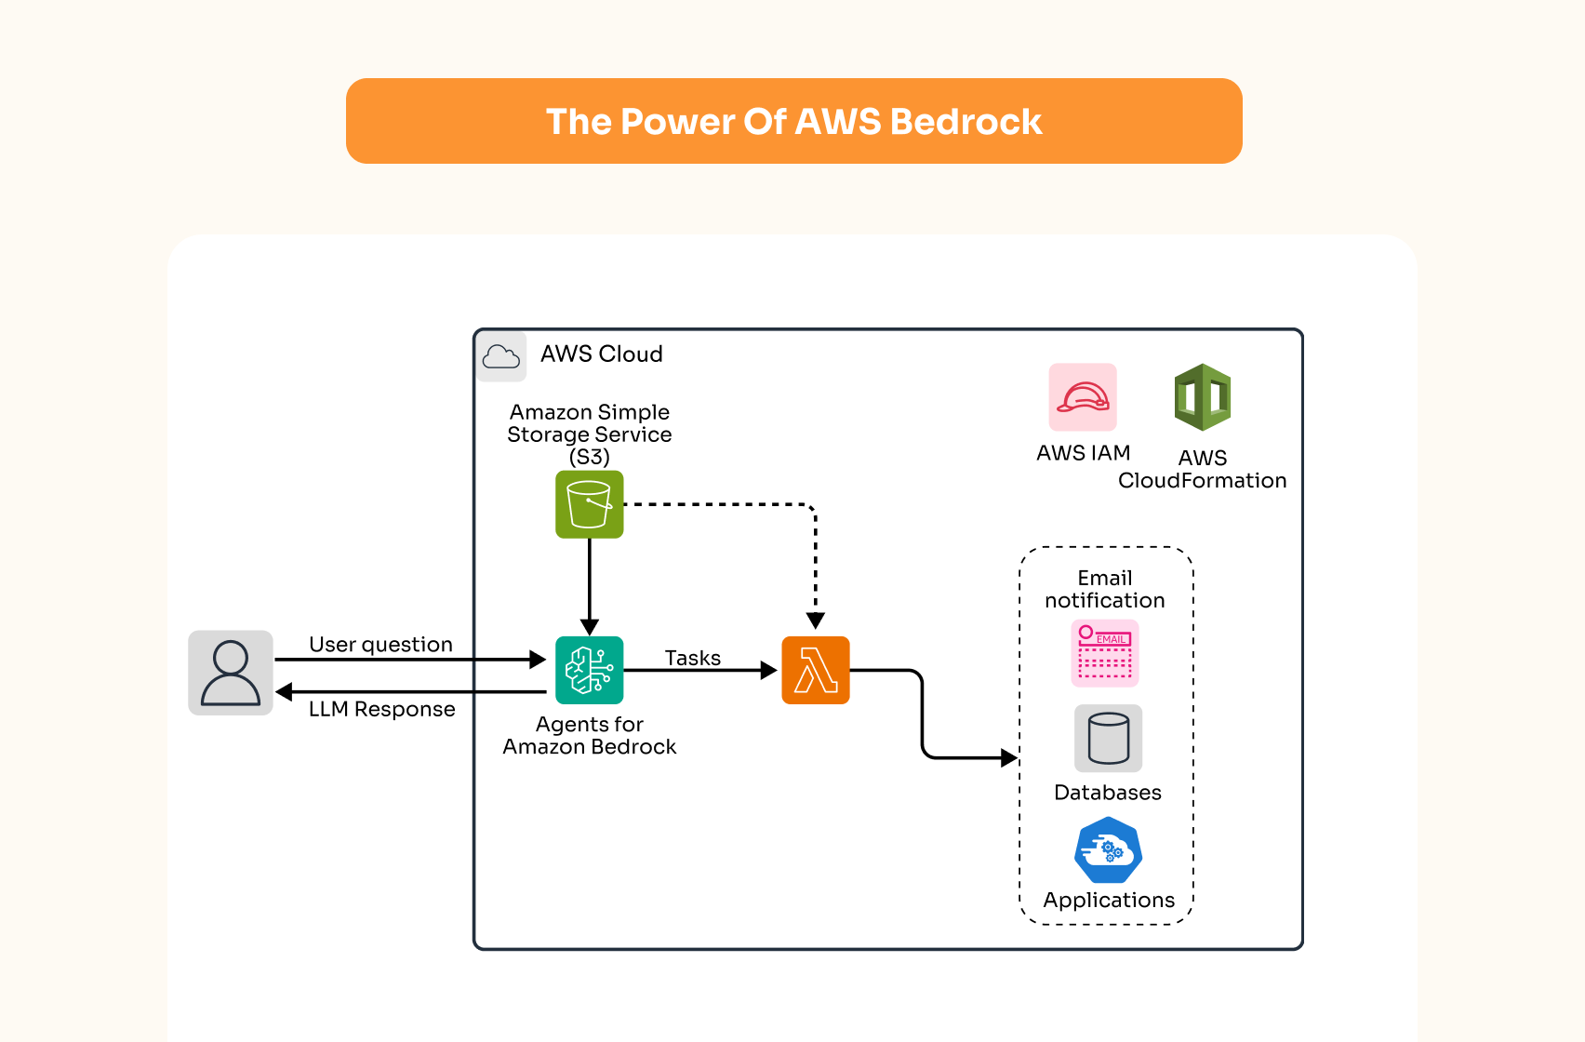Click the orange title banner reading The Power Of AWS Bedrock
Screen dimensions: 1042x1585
(x=793, y=121)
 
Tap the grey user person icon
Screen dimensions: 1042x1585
(x=231, y=673)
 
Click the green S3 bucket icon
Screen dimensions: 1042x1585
(x=589, y=504)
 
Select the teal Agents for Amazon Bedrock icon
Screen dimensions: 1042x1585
(x=589, y=670)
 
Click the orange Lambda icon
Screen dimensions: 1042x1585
(x=816, y=670)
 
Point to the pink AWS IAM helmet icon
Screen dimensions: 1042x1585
(x=1083, y=397)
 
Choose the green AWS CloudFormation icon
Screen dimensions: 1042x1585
(x=1202, y=397)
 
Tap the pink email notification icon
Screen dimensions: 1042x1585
(x=1104, y=653)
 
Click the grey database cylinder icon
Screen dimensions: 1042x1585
(x=1108, y=738)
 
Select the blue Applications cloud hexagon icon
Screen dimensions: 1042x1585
(x=1108, y=850)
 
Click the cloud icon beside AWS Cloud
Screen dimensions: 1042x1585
(x=501, y=356)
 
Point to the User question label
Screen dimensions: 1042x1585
(x=380, y=644)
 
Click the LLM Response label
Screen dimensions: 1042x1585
(x=381, y=709)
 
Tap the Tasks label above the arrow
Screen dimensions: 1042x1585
(x=692, y=658)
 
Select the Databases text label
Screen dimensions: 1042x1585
(x=1107, y=793)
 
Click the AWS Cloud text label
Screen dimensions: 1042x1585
(x=601, y=354)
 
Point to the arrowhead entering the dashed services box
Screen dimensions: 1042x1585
(x=1009, y=757)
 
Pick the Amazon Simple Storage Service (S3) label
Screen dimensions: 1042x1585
(x=589, y=434)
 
